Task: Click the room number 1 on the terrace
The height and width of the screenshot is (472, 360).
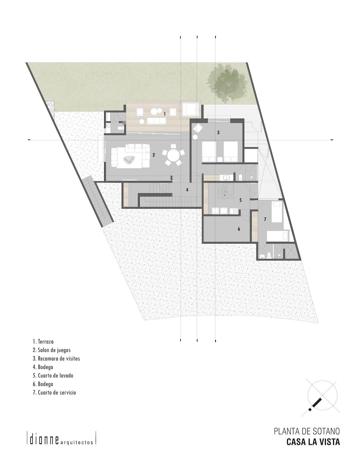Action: tap(165, 114)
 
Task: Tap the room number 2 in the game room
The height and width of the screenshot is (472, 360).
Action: tap(154, 155)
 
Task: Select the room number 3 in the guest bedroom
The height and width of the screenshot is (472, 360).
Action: tap(218, 133)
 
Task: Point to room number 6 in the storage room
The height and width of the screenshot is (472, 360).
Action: tap(239, 229)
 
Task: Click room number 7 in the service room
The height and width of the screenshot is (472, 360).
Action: tap(265, 219)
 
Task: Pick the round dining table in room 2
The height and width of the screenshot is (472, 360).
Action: tap(173, 156)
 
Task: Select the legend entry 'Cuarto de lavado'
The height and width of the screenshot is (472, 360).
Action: tap(53, 376)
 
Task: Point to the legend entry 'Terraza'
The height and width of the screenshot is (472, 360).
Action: tap(43, 341)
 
